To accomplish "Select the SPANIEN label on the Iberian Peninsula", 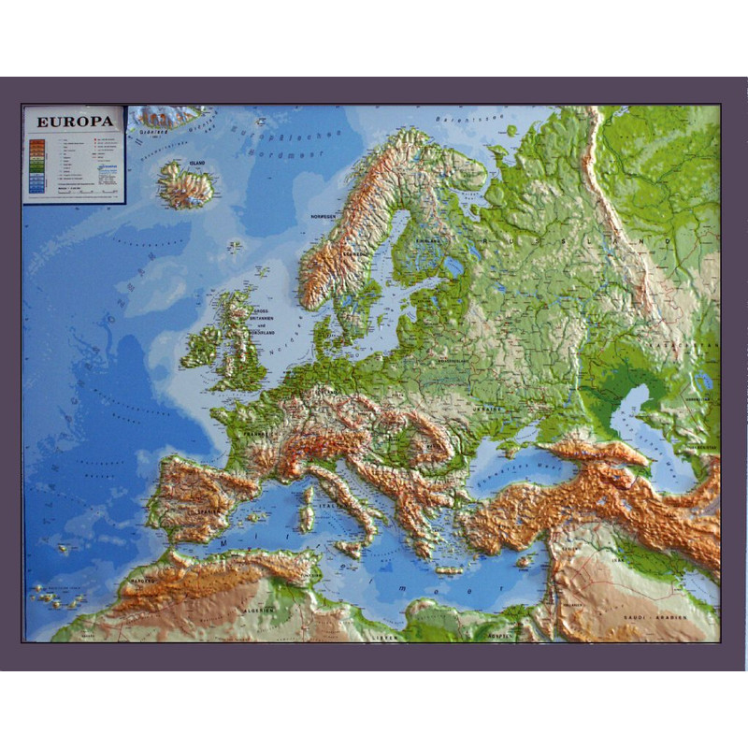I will pos(197,511).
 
